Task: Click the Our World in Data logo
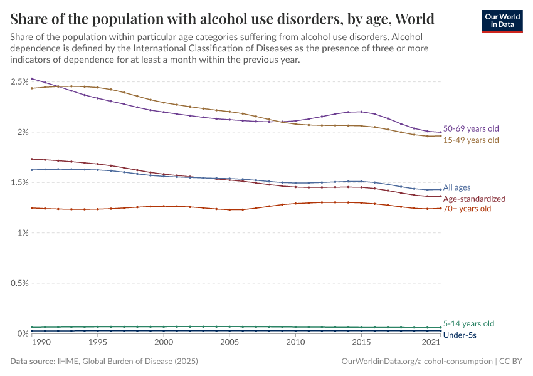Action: pos(502,21)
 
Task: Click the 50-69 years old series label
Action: pos(471,128)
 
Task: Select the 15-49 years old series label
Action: pos(471,140)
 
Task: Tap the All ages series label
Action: pos(456,187)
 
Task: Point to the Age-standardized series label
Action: pos(474,199)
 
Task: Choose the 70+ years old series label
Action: pos(467,209)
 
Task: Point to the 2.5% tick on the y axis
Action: pos(19,82)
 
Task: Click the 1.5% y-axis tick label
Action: pos(19,183)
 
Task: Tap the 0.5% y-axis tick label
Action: pos(19,283)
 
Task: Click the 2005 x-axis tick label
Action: pos(230,343)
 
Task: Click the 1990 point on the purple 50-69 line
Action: pos(32,79)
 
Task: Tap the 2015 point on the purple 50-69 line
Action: pos(361,112)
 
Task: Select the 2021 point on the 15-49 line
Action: pos(440,136)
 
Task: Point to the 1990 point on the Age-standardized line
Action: pos(32,159)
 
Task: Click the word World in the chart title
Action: pos(412,18)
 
